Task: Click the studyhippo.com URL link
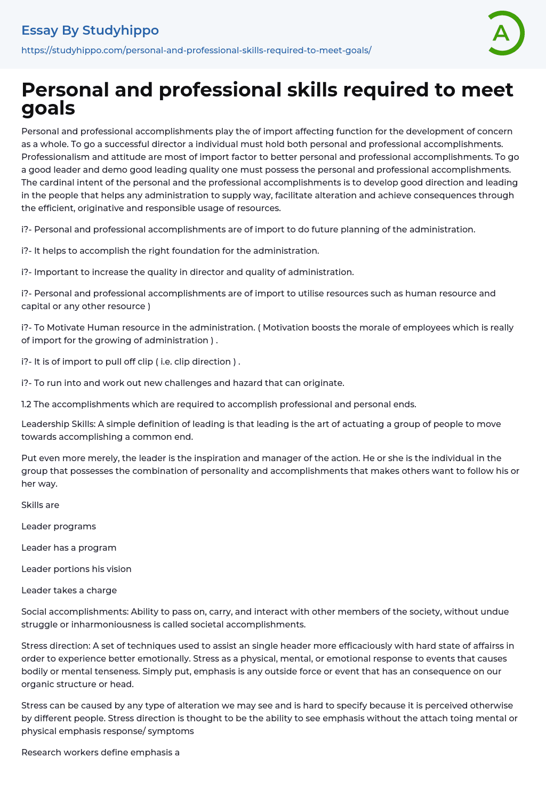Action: point(196,50)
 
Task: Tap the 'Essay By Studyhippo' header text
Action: point(90,30)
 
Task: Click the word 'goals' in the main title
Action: point(48,108)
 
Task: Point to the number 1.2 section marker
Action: point(26,404)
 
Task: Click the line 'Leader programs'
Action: point(59,526)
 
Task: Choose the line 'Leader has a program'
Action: point(69,548)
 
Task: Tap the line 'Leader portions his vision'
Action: point(76,569)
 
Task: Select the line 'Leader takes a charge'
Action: point(69,590)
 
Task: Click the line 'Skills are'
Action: point(40,505)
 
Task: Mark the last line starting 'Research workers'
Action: point(100,752)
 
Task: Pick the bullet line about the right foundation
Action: point(170,251)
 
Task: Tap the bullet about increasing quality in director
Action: point(188,272)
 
